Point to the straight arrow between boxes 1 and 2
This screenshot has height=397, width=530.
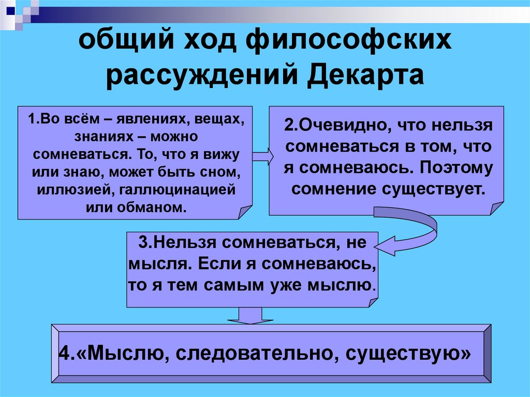(262, 154)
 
